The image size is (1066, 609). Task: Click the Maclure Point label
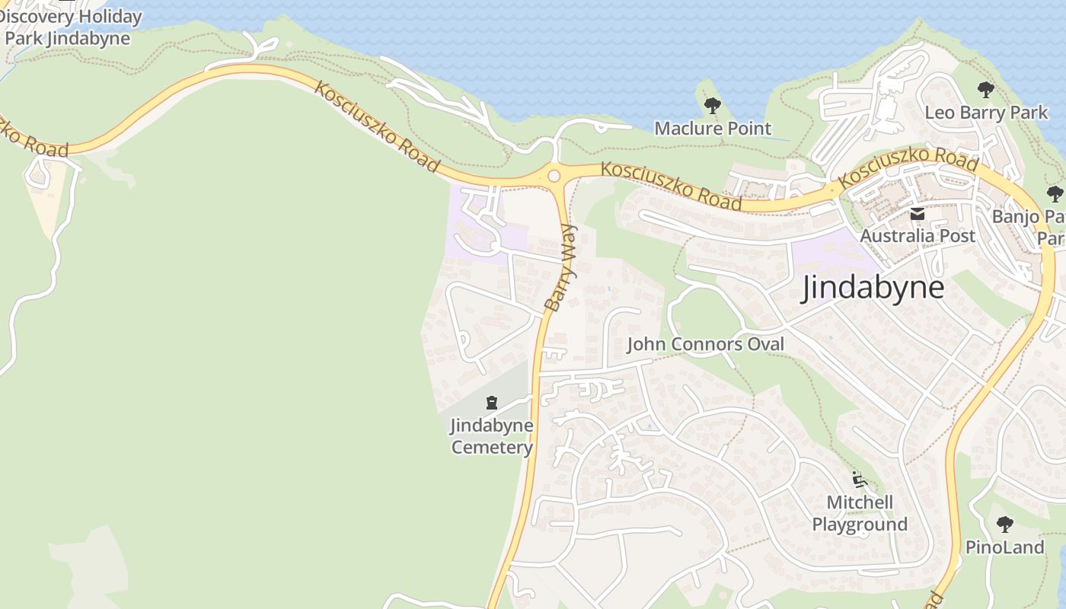click(713, 128)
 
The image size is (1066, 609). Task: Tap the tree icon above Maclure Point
click(713, 106)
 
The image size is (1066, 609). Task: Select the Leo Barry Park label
click(986, 113)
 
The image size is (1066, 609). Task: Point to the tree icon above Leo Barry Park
click(986, 90)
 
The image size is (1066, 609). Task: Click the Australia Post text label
click(918, 236)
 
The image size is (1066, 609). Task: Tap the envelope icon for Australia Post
click(918, 215)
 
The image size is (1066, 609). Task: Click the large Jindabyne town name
click(873, 288)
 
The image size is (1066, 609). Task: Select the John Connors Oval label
click(705, 344)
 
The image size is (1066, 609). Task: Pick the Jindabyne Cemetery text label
click(492, 436)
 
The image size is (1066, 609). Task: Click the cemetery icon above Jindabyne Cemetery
click(492, 403)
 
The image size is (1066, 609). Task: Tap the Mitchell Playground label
click(860, 513)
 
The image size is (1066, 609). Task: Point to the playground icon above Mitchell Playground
click(860, 480)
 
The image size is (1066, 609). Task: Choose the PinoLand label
click(1005, 547)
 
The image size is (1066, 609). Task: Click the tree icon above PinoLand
click(1005, 524)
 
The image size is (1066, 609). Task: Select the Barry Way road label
click(562, 267)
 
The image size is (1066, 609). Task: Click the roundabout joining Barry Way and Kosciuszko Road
click(554, 176)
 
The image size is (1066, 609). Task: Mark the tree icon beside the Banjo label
click(1055, 193)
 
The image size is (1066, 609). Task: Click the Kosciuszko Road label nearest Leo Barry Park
click(908, 168)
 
